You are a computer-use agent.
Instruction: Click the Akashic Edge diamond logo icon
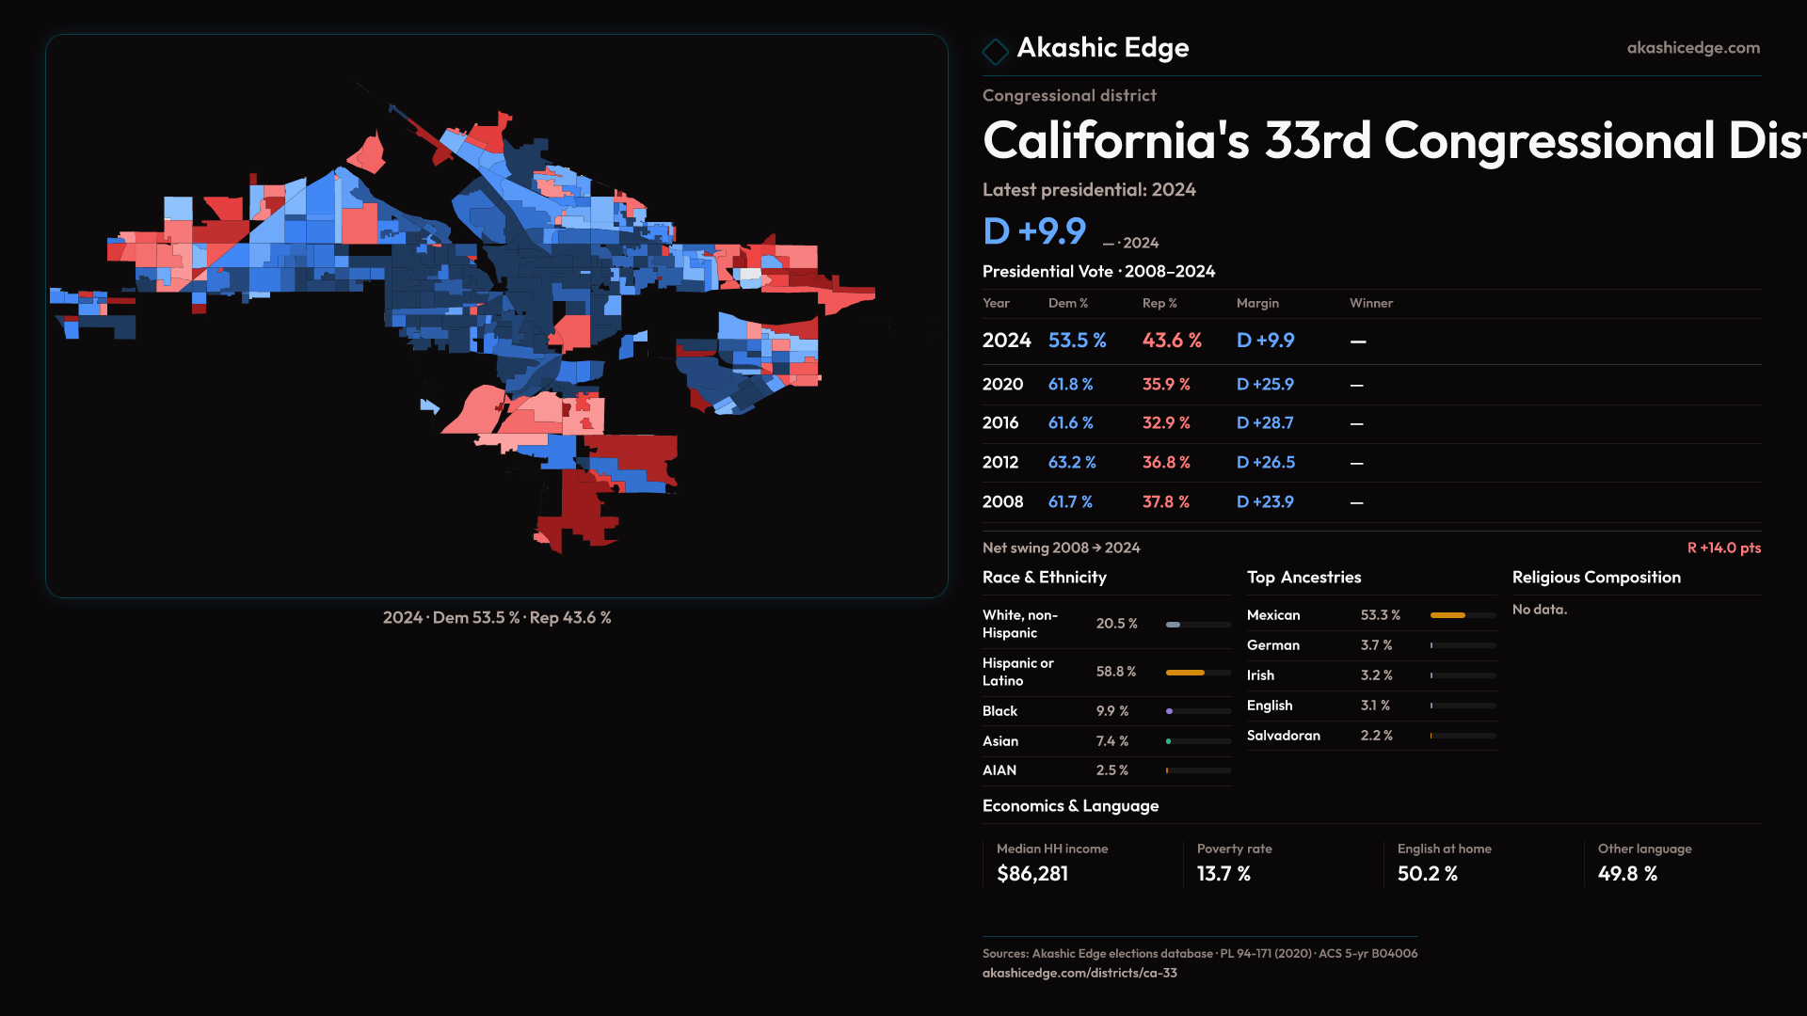point(995,50)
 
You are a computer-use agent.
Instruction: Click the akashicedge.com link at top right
point(1693,48)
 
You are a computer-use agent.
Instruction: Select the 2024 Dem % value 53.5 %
point(1077,341)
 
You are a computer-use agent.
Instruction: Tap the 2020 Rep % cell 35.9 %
point(1166,385)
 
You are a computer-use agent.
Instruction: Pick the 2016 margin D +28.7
point(1265,423)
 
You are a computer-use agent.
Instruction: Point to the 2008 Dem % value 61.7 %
point(1070,502)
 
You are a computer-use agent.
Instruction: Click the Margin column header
point(1257,303)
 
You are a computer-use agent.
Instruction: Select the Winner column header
point(1370,303)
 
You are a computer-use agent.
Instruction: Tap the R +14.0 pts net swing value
point(1723,548)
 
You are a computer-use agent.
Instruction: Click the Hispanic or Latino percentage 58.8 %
point(1116,672)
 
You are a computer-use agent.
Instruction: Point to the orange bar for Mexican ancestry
point(1447,615)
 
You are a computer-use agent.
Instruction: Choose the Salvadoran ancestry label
point(1283,736)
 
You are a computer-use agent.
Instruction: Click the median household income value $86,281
point(1032,874)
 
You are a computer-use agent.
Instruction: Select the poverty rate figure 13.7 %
point(1223,874)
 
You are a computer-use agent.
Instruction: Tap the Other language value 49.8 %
point(1627,874)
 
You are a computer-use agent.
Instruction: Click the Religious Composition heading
point(1596,578)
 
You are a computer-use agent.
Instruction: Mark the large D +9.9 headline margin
point(1034,231)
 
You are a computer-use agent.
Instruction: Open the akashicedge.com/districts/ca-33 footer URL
point(1079,973)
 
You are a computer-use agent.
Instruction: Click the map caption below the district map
point(497,618)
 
